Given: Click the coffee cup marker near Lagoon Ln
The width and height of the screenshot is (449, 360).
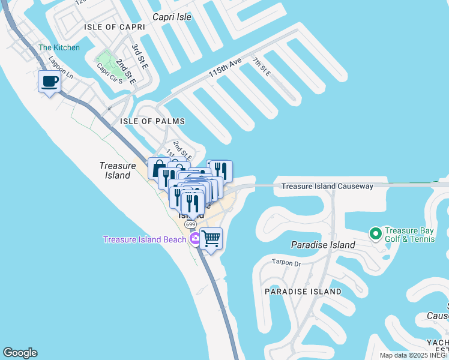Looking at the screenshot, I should pyautogui.click(x=49, y=82).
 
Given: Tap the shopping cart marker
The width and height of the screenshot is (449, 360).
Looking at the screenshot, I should pyautogui.click(x=211, y=239).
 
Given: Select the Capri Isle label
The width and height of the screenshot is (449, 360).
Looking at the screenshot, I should pyautogui.click(x=172, y=17).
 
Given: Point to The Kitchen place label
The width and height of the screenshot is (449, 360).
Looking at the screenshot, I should pyautogui.click(x=59, y=47).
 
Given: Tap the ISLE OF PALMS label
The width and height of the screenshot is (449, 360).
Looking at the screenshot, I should pyautogui.click(x=152, y=121).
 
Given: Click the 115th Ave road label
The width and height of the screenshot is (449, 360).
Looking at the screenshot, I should pyautogui.click(x=224, y=67).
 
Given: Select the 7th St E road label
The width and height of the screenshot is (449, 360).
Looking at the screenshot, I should pyautogui.click(x=261, y=67).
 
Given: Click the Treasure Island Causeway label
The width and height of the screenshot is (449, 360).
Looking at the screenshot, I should pyautogui.click(x=328, y=186).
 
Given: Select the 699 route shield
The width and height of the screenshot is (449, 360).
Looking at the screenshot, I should pyautogui.click(x=190, y=224).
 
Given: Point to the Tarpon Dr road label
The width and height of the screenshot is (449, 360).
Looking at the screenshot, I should pyautogui.click(x=286, y=263).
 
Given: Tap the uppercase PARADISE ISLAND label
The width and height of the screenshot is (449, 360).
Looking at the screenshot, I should pyautogui.click(x=303, y=292).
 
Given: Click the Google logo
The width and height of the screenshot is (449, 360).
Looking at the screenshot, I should pyautogui.click(x=20, y=353).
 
